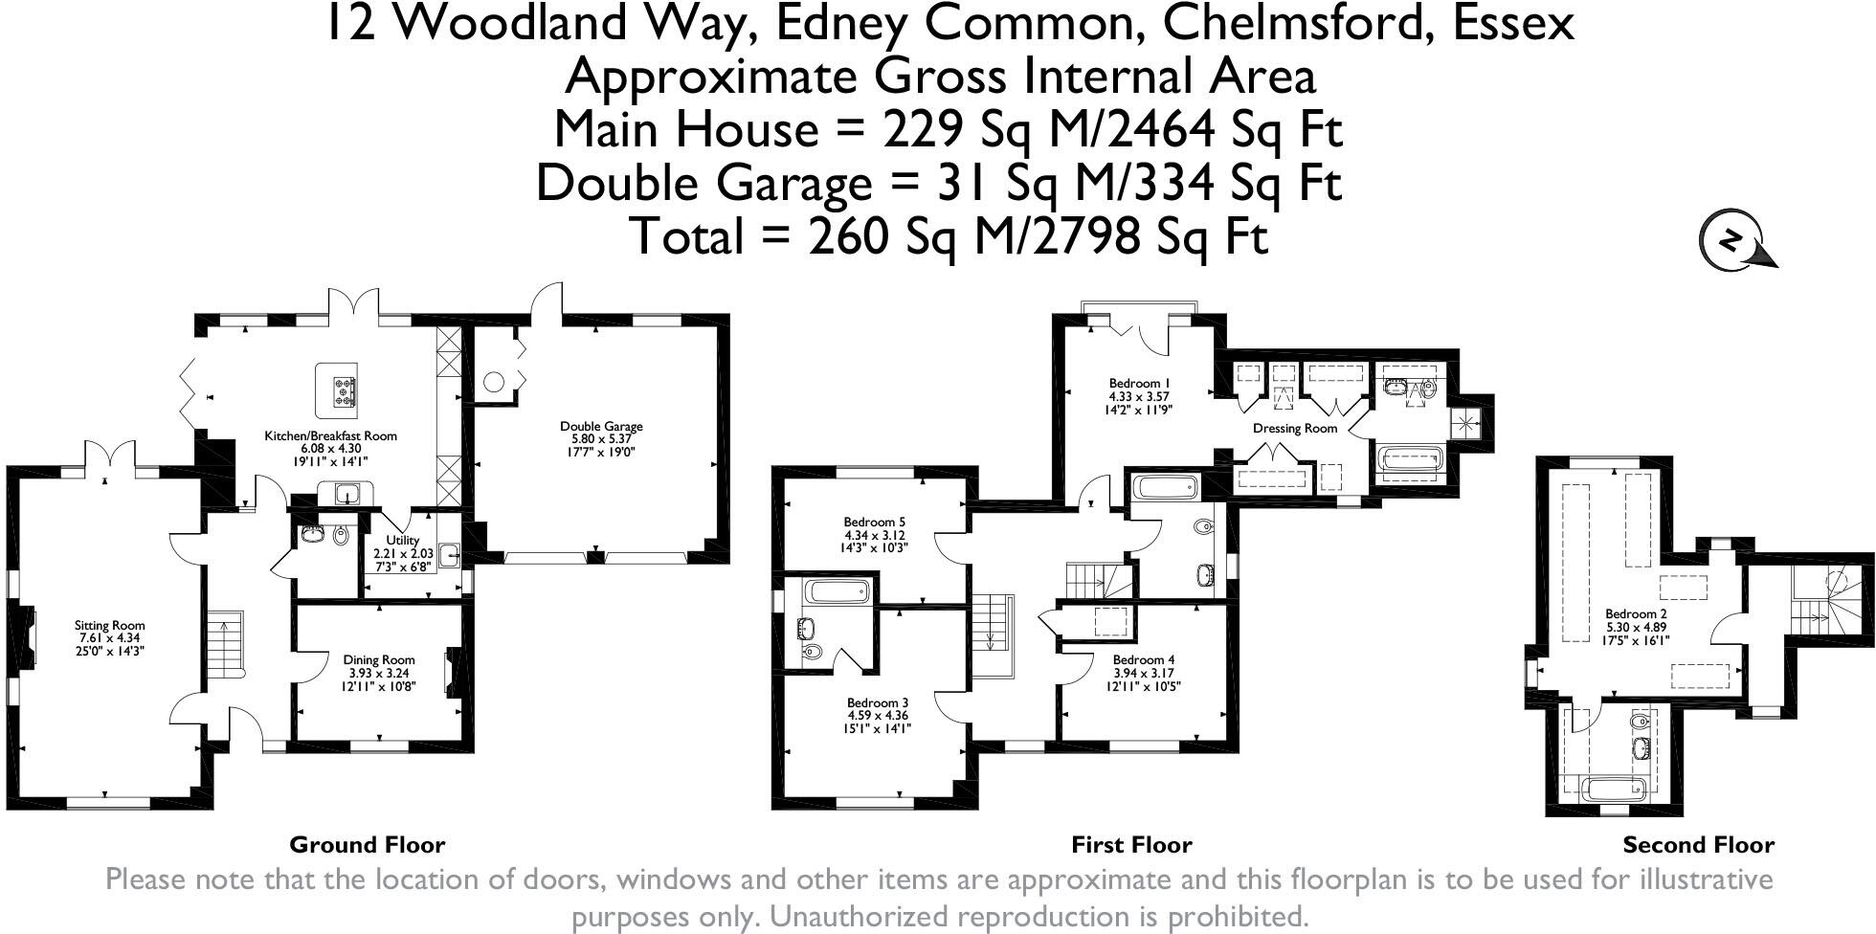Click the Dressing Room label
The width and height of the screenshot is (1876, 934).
coord(1294,429)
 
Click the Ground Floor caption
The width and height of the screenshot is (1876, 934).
coord(368,845)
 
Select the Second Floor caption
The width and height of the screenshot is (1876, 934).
coord(1698,845)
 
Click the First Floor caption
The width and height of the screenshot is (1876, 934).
coord(1131,845)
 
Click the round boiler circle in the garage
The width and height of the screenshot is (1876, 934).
coord(493,382)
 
